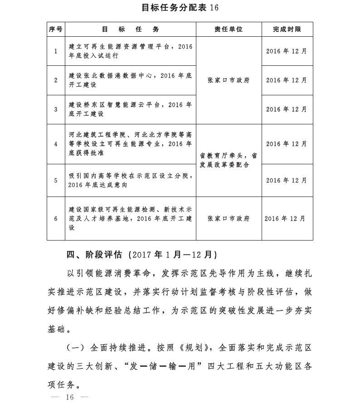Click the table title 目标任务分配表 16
pyautogui.click(x=180, y=8)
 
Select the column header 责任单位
pyautogui.click(x=229, y=29)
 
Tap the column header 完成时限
pyautogui.click(x=287, y=29)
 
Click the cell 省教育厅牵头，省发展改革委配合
pyautogui.click(x=229, y=160)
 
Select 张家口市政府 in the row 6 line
pyautogui.click(x=229, y=218)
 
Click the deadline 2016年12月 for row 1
pyautogui.click(x=287, y=51)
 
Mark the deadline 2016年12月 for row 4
pyautogui.click(x=287, y=144)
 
